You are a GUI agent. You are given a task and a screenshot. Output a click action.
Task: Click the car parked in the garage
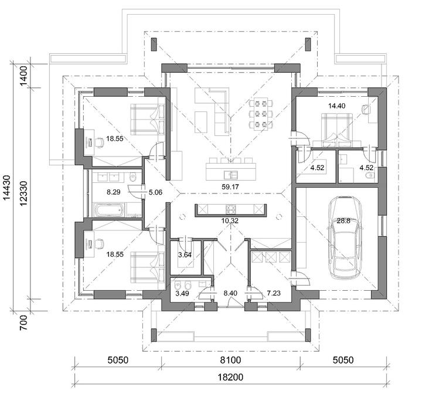pyautogui.click(x=344, y=237)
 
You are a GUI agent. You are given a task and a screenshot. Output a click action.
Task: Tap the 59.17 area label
pyautogui.click(x=230, y=186)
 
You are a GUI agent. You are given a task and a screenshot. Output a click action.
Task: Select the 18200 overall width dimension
pyautogui.click(x=230, y=378)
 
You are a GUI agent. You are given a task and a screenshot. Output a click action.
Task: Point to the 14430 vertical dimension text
pyautogui.click(x=7, y=188)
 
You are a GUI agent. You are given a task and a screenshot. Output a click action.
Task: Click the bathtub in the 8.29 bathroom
pyautogui.click(x=109, y=209)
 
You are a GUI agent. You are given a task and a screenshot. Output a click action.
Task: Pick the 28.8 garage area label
pyautogui.click(x=343, y=221)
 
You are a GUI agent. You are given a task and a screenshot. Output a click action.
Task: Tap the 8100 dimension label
pyautogui.click(x=230, y=360)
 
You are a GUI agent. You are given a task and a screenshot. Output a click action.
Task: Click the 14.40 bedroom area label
pyautogui.click(x=336, y=106)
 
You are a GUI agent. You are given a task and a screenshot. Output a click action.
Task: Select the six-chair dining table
pyautogui.click(x=261, y=113)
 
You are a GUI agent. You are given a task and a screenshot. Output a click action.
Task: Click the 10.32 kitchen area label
pyautogui.click(x=230, y=221)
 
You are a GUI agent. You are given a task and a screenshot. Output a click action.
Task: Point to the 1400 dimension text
pyautogui.click(x=23, y=76)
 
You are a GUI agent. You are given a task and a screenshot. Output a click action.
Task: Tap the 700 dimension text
pyautogui.click(x=23, y=323)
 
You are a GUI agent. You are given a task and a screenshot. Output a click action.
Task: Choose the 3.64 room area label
pyautogui.click(x=185, y=254)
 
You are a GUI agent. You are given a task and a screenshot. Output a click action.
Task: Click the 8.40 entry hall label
pyautogui.click(x=231, y=293)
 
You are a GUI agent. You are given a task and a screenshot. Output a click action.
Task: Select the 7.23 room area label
pyautogui.click(x=274, y=293)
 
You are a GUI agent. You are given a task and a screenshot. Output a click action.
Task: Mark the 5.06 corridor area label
pyautogui.click(x=155, y=192)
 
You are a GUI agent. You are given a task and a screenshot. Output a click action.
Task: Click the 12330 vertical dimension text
pyautogui.click(x=23, y=193)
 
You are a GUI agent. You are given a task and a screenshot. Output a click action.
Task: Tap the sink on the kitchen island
pyautogui.click(x=231, y=175)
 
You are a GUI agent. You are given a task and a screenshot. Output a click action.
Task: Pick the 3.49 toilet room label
pyautogui.click(x=182, y=293)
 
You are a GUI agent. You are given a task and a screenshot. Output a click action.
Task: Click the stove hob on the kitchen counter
pyautogui.click(x=231, y=209)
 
